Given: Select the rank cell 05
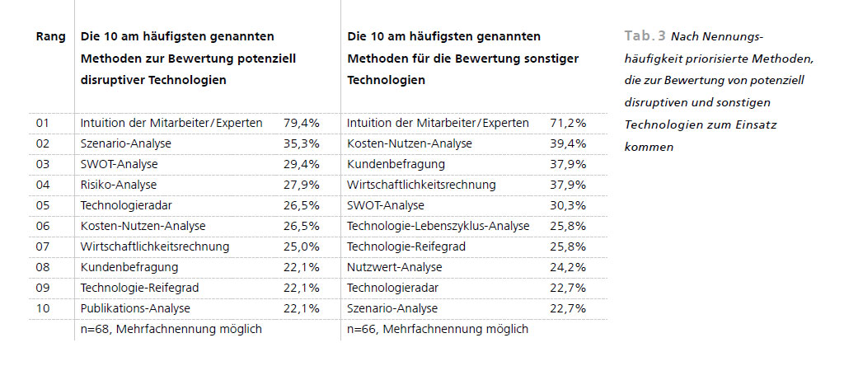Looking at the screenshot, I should click(43, 205).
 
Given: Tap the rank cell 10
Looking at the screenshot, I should click(43, 308).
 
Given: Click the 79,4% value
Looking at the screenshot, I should click(301, 123).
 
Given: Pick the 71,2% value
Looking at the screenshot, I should click(568, 123).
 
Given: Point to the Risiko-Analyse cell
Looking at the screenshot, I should click(119, 185).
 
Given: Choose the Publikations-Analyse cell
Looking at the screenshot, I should click(135, 308).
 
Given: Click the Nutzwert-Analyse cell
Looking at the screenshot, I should click(395, 267).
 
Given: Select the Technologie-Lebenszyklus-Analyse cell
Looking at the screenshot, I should click(438, 226).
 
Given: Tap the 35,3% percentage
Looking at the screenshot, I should click(301, 143).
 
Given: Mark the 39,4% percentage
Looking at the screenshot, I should click(568, 143).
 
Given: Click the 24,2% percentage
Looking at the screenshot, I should click(568, 267).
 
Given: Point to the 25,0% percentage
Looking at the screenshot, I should click(301, 246).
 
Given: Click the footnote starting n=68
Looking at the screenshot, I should click(171, 329).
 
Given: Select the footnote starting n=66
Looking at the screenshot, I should click(438, 329).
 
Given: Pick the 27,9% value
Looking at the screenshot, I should click(301, 185).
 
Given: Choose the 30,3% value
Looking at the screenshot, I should click(568, 205).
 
